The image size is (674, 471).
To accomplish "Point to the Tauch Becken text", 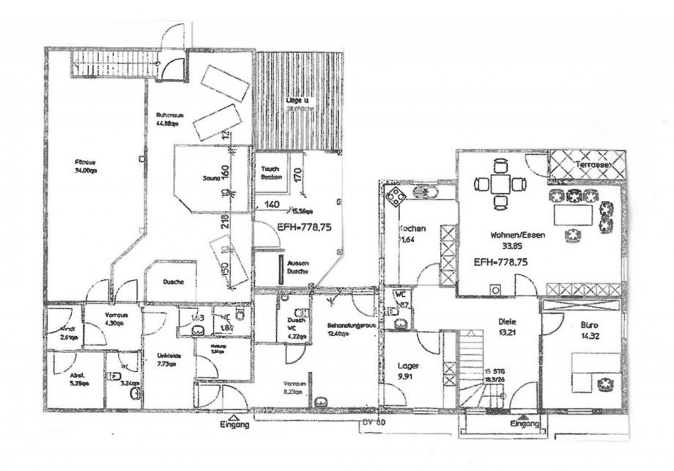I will point(270,172).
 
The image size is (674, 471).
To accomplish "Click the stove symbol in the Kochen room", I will point(396,196).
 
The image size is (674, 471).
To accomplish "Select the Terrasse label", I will point(596,164).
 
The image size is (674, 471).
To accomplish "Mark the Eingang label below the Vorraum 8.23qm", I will point(234,425).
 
